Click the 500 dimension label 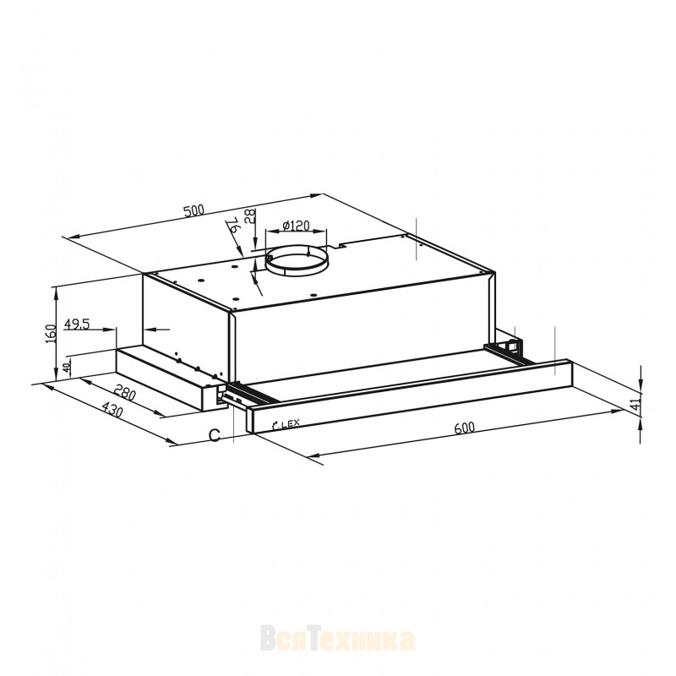[x=194, y=210]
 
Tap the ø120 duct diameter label [x=297, y=225]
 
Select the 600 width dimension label [x=464, y=428]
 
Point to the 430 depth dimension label [x=113, y=410]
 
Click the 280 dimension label [x=125, y=392]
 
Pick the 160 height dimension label [x=52, y=333]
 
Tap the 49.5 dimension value [x=76, y=324]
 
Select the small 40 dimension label [x=67, y=368]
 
